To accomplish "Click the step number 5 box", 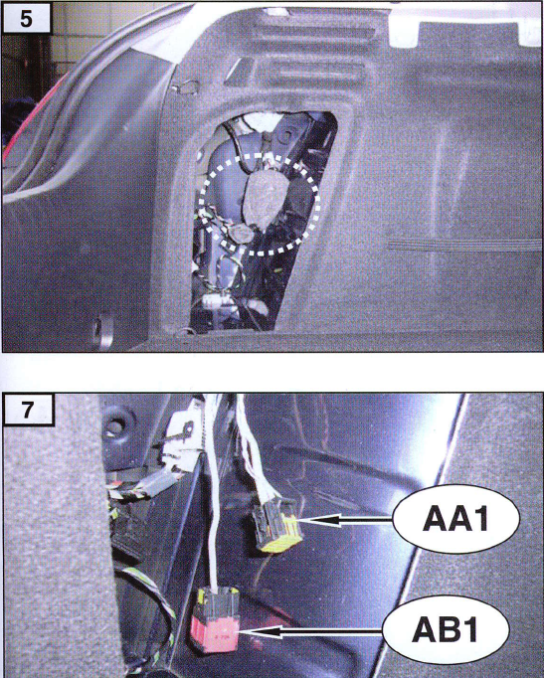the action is (x=27, y=18).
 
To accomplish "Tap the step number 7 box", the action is (x=28, y=409).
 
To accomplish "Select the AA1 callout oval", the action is (x=455, y=519).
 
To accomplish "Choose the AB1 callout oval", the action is (x=446, y=631).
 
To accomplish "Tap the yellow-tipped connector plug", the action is (x=277, y=524).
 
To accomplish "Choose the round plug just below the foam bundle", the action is (x=242, y=234).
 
